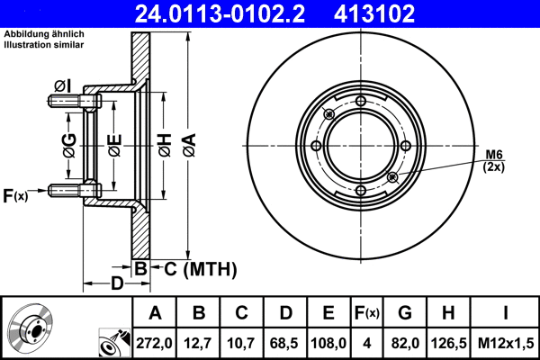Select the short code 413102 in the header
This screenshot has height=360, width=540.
tap(400, 13)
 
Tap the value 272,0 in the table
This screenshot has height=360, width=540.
tap(155, 342)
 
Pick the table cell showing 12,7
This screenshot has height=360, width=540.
tap(199, 342)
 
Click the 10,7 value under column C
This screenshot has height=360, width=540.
tap(241, 342)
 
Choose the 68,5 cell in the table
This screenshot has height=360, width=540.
tap(284, 342)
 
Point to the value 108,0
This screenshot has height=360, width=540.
tap(328, 342)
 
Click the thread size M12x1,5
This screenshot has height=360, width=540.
tap(505, 342)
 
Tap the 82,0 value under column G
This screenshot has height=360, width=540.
tap(404, 342)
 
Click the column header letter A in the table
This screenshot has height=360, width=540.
tap(155, 313)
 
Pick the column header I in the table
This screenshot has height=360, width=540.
tap(505, 313)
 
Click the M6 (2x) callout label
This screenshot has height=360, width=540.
tap(494, 160)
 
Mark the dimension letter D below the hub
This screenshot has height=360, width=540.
tap(117, 284)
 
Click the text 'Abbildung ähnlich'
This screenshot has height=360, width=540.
tap(44, 34)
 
